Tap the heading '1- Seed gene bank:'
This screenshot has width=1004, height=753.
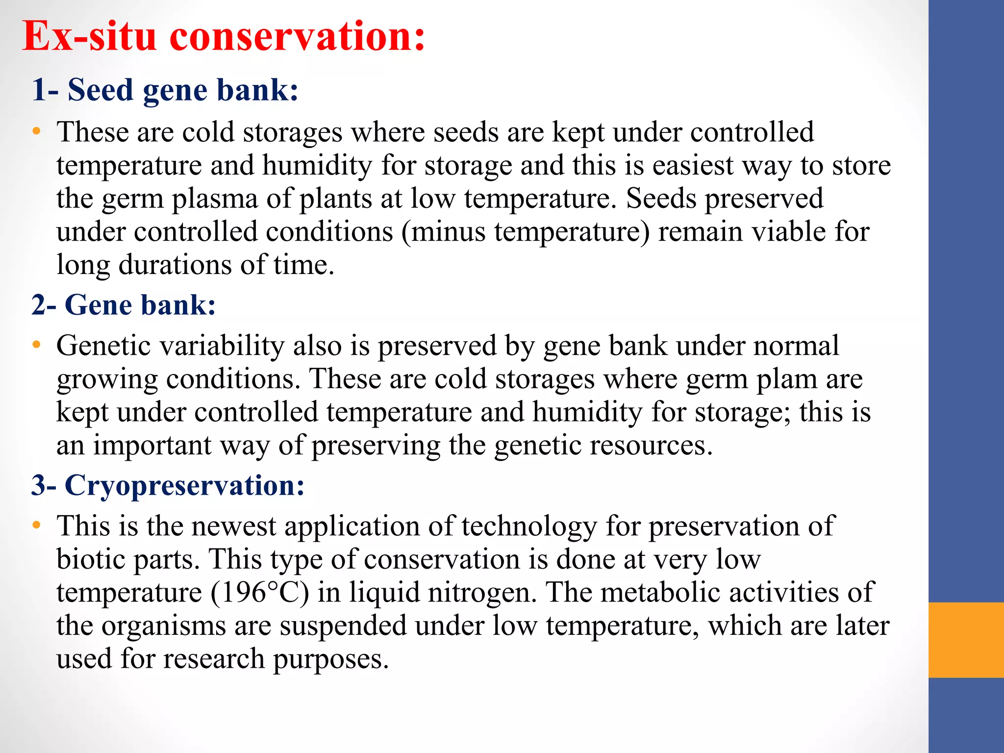click(x=165, y=91)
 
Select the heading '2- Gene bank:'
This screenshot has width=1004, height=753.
click(x=124, y=305)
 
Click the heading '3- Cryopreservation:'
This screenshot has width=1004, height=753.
click(x=168, y=486)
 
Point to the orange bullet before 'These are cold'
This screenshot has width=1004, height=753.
click(x=36, y=132)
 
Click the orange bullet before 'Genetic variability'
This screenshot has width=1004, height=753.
click(x=36, y=346)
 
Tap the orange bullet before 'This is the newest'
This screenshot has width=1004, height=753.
click(x=36, y=526)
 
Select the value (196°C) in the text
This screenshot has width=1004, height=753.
click(x=260, y=593)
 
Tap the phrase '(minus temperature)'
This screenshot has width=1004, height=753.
click(x=526, y=232)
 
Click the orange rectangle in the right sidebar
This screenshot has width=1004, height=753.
click(x=966, y=640)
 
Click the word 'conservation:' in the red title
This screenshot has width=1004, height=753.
click(x=297, y=37)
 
